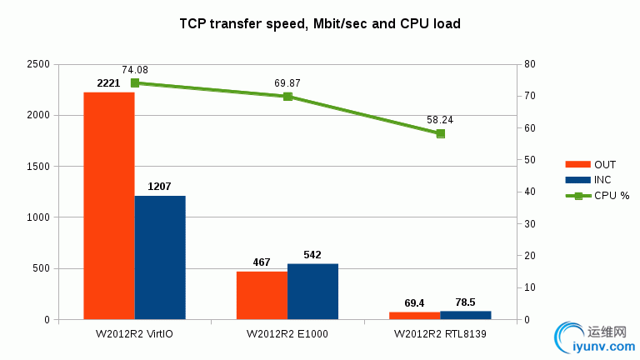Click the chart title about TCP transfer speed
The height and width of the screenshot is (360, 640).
pos(320,24)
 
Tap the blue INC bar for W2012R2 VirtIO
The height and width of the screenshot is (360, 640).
pos(160,257)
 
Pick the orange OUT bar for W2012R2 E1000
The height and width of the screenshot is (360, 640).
pos(262,296)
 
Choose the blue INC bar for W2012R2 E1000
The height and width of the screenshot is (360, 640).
pos(312,292)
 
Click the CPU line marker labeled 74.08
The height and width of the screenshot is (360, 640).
pos(135,83)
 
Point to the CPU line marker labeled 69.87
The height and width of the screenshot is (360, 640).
pos(287,97)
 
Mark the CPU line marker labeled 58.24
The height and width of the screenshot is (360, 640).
pos(440,133)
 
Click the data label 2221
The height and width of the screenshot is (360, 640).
pos(108,83)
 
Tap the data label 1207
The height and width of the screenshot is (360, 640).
pos(160,187)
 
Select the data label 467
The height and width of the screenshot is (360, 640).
pos(262,262)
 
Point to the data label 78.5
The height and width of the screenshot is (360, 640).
pos(465,302)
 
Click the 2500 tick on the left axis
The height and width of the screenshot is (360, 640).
pos(38,64)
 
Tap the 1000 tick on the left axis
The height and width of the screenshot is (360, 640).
pos(38,217)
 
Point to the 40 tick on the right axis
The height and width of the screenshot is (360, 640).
pos(530,192)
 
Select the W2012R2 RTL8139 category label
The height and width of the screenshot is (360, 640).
pos(440,334)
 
